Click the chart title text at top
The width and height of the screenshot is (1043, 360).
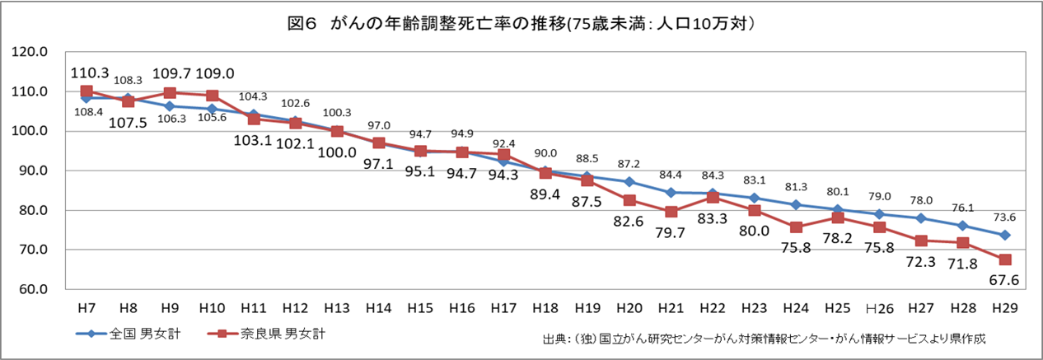(x=521, y=24)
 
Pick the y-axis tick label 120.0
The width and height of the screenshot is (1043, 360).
(x=30, y=52)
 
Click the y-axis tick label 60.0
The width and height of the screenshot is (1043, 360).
(x=30, y=290)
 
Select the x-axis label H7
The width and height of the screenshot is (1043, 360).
(x=86, y=307)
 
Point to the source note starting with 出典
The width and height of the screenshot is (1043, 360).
(x=764, y=339)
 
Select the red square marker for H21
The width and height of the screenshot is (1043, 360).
(x=671, y=212)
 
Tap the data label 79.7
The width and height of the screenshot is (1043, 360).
(x=671, y=231)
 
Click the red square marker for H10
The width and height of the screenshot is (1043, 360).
(x=212, y=96)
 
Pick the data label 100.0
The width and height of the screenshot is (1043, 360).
(x=338, y=152)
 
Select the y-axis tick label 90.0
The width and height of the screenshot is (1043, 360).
(x=30, y=171)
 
